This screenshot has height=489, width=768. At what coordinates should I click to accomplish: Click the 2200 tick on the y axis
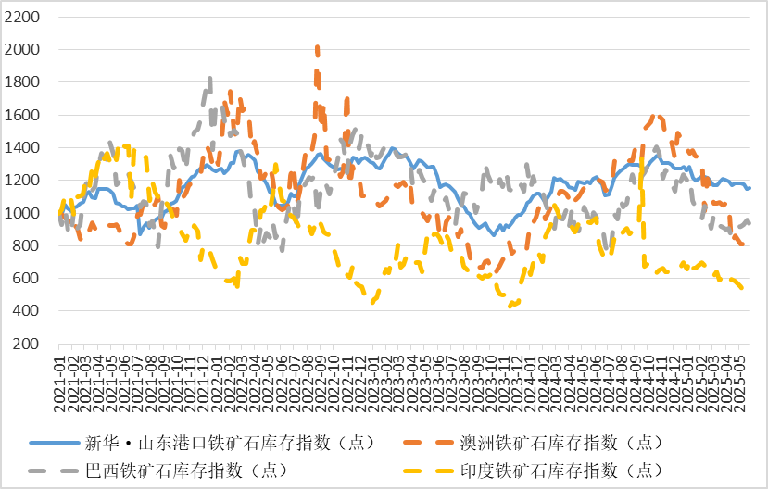(x=21, y=17)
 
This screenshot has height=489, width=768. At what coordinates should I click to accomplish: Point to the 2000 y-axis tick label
(x=21, y=49)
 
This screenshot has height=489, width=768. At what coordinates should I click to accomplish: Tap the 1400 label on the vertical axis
(x=21, y=147)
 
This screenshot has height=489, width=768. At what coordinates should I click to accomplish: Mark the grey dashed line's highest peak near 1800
(x=210, y=80)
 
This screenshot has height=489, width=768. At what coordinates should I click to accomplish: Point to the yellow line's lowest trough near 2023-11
(x=511, y=305)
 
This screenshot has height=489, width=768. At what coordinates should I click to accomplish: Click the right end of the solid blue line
(x=749, y=188)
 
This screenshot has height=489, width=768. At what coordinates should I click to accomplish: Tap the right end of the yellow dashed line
(x=742, y=288)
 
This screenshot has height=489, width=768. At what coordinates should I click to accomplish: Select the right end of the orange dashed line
(x=742, y=244)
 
